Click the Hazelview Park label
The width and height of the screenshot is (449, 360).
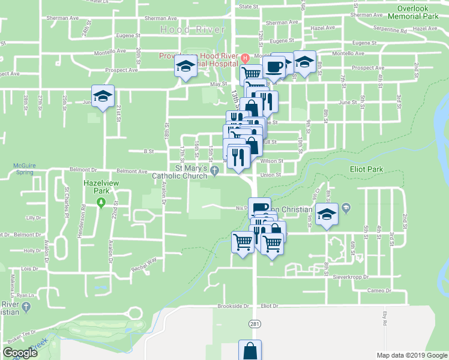pyautogui.click(x=98, y=184)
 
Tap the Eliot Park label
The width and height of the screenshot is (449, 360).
pyautogui.click(x=367, y=170)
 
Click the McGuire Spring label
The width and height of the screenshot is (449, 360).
pyautogui.click(x=24, y=169)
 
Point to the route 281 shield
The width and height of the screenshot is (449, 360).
pyautogui.click(x=255, y=323)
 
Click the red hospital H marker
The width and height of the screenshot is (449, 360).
pyautogui.click(x=246, y=58)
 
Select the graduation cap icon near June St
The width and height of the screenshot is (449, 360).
pyautogui.click(x=103, y=95)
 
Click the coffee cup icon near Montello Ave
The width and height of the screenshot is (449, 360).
pyautogui.click(x=274, y=67)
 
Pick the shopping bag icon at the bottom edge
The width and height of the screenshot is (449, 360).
pyautogui.click(x=250, y=350)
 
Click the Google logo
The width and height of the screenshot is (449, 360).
pyautogui.click(x=20, y=353)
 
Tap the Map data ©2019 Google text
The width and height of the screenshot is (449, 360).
pyautogui.click(x=411, y=355)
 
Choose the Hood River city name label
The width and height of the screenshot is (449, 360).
pyautogui.click(x=193, y=29)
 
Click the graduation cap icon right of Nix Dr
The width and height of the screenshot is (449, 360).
pyautogui.click(x=327, y=214)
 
